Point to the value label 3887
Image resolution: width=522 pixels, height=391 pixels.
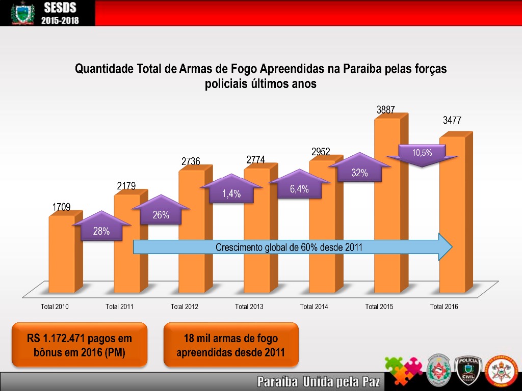coord(385,109)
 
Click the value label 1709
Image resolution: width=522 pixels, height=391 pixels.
coord(61,207)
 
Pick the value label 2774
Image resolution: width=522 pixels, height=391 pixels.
coord(255,160)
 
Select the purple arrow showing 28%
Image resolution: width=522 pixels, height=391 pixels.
coord(101,228)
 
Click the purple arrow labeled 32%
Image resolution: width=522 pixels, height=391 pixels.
coord(359,170)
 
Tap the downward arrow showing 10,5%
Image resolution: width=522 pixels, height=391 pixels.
coord(422,154)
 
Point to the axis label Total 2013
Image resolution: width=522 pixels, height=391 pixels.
coord(249,306)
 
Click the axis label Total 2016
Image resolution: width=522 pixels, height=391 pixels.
coord(444,306)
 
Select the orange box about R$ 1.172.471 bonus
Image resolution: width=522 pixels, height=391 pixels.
coord(79,345)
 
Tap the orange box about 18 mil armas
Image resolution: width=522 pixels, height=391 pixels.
coord(230,345)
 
